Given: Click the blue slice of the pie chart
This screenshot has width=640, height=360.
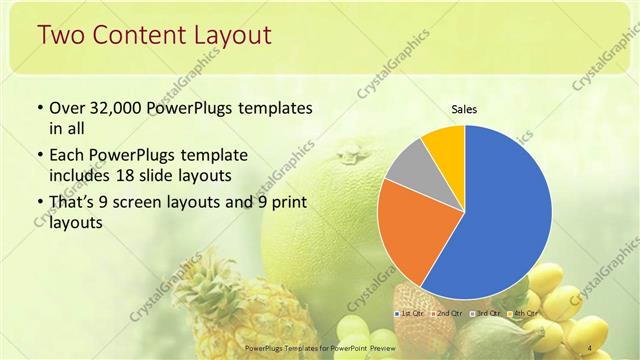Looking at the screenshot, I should pyautogui.click(x=505, y=215).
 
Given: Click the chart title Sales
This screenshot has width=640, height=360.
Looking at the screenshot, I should pyautogui.click(x=463, y=109).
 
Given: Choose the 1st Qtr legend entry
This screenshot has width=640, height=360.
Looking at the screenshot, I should pyautogui.click(x=409, y=314).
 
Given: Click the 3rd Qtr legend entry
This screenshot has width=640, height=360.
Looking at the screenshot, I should pyautogui.click(x=484, y=314).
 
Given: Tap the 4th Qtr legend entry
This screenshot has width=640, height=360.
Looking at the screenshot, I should pyautogui.click(x=522, y=314).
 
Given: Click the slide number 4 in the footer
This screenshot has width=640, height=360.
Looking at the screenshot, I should pyautogui.click(x=590, y=347).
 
